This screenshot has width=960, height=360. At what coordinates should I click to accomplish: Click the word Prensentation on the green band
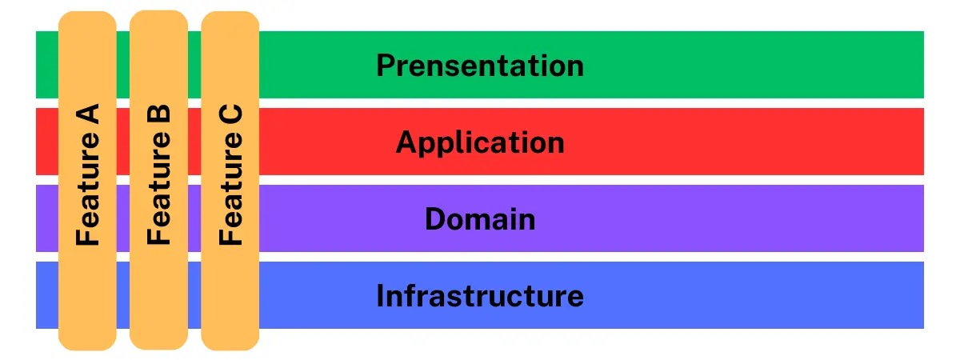pos(480,66)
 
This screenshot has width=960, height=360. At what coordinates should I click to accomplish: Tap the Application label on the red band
pos(480,142)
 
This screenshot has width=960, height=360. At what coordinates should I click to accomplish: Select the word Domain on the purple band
pos(480,219)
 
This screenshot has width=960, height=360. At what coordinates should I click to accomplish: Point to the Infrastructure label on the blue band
pos(480,296)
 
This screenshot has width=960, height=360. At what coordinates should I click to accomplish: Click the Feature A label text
pos(88,174)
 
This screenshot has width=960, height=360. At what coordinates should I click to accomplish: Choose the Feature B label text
pos(159,174)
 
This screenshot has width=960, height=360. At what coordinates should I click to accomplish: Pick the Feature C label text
pos(230,174)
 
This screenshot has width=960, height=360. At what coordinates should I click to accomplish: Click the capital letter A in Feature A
pos(87,114)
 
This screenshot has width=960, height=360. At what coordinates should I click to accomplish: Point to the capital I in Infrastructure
pos(380,296)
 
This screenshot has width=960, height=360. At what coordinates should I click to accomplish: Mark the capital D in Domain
pos(435,219)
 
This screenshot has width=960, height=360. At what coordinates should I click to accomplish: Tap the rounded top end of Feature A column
pos(87,16)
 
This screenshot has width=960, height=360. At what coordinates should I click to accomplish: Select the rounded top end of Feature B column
pos(158,15)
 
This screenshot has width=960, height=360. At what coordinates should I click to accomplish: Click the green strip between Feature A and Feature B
pos(123,65)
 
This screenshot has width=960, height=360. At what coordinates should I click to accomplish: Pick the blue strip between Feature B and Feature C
pos(194,295)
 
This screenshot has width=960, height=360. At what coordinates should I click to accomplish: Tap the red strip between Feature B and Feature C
pos(194,142)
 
